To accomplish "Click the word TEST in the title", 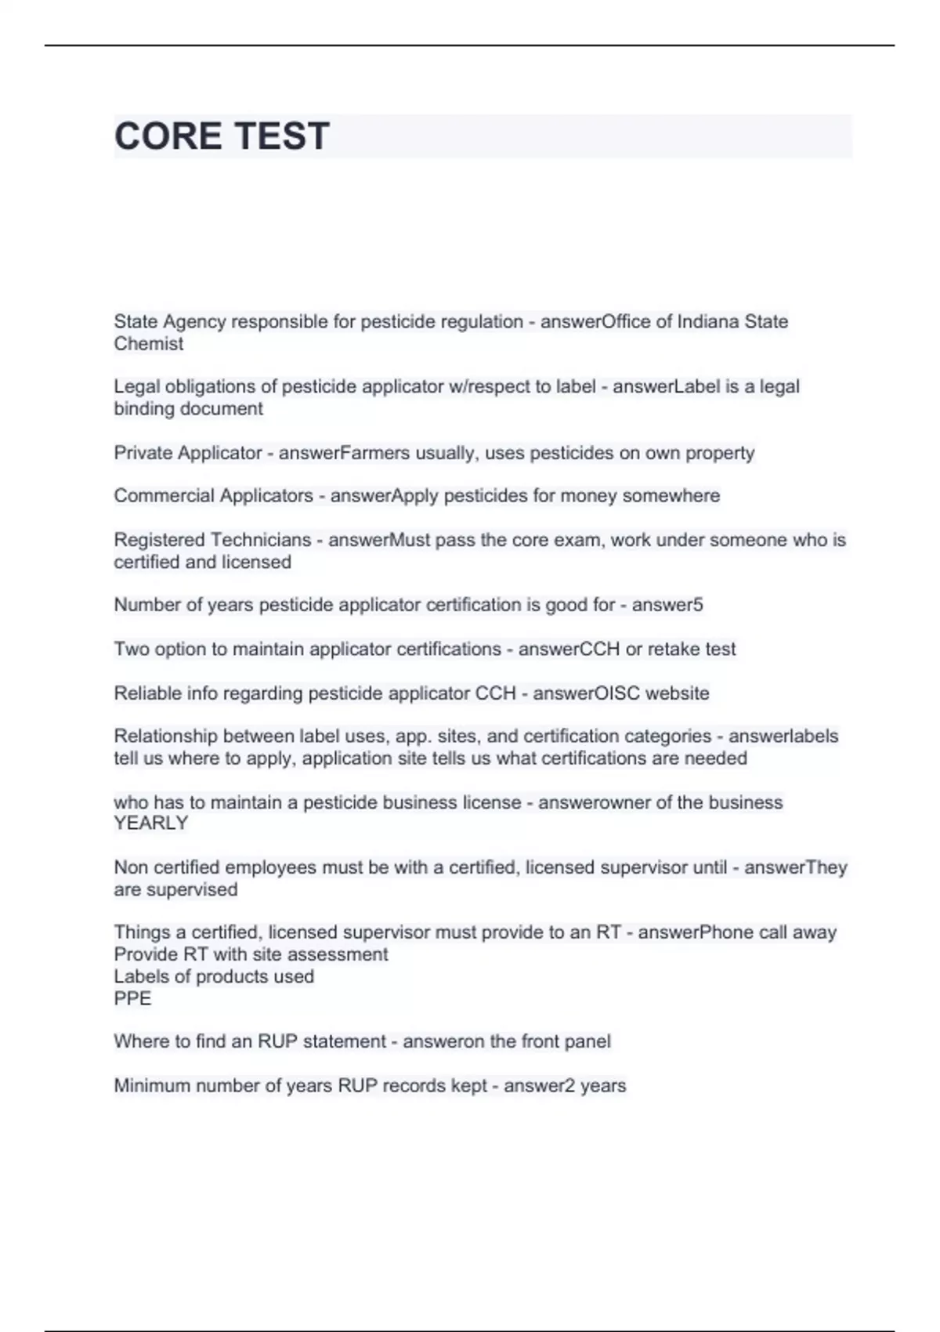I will pos(282,136).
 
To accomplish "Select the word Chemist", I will pos(148,344).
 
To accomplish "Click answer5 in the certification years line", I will pos(667,605).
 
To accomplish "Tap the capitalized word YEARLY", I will pos(150,823).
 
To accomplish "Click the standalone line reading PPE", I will pos(132,998).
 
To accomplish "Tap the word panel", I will pos(585,1041).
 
